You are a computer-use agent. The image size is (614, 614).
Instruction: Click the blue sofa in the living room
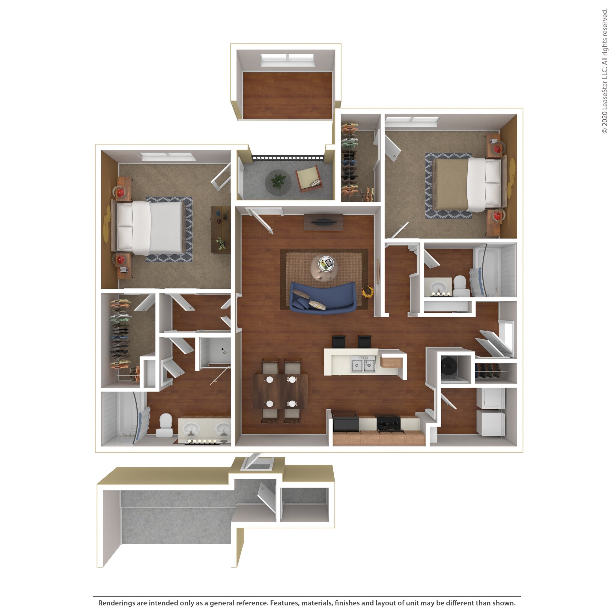tap(322, 298)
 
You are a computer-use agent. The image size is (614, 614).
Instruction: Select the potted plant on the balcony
tap(278, 182)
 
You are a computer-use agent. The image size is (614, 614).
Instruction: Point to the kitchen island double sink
tap(363, 364)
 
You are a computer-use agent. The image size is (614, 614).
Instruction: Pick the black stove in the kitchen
tap(388, 423)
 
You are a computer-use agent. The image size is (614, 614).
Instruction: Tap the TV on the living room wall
tap(323, 222)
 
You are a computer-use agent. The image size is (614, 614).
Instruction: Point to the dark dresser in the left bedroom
tap(220, 229)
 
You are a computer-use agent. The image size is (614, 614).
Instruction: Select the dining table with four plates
tap(281, 391)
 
